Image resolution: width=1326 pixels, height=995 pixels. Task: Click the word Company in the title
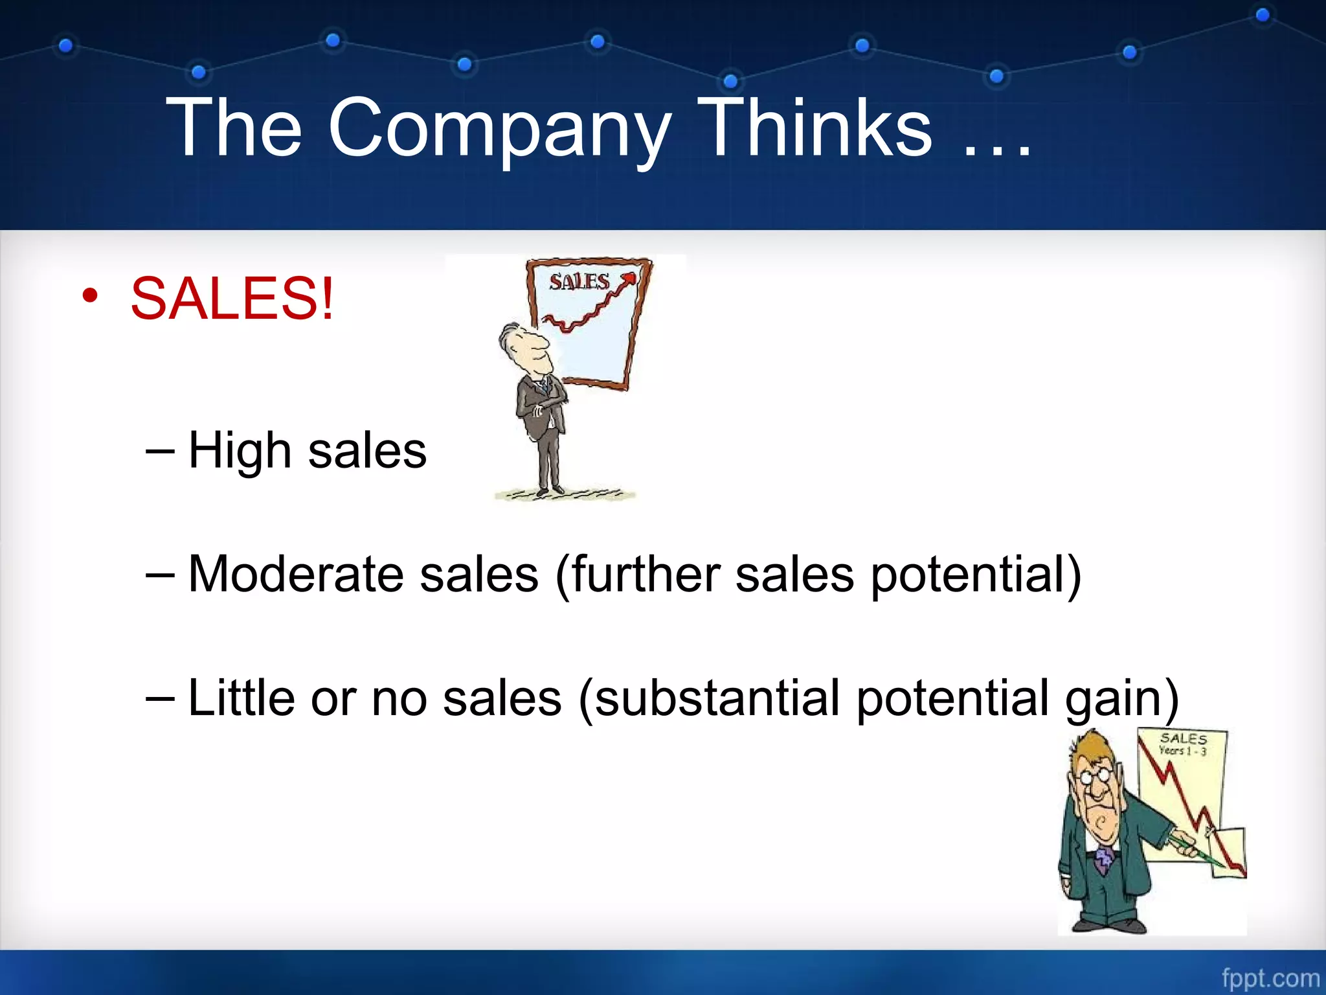click(499, 130)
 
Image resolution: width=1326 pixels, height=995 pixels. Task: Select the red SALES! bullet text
click(232, 299)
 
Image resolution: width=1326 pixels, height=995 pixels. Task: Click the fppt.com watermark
click(1270, 978)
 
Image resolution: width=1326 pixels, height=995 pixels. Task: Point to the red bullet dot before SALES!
click(90, 297)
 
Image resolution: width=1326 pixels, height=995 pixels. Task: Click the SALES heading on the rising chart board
click(579, 282)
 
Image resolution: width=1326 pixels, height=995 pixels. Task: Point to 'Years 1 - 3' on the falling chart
click(1182, 751)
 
